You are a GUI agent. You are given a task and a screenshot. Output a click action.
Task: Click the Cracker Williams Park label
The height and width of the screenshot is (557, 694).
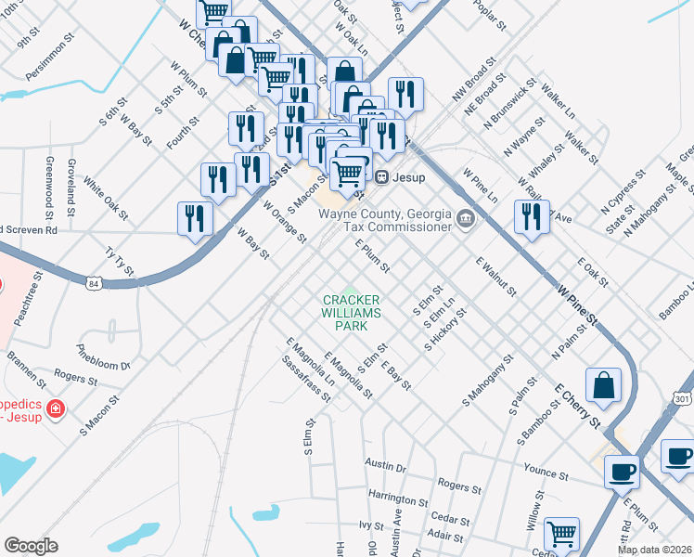click(x=352, y=312)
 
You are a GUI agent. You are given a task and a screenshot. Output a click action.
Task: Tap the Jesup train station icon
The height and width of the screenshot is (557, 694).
click(x=380, y=176)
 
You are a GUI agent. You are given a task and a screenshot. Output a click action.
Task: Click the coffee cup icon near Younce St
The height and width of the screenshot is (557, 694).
click(x=622, y=470)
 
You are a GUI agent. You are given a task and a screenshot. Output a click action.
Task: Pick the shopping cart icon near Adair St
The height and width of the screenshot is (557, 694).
click(x=561, y=534)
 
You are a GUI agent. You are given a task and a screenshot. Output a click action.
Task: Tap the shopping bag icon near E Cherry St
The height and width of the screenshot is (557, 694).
click(x=603, y=385)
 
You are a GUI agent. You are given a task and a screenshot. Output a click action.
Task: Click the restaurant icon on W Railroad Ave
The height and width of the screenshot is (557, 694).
click(x=532, y=217)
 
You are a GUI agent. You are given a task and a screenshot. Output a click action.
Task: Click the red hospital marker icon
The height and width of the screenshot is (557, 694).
click(x=56, y=408)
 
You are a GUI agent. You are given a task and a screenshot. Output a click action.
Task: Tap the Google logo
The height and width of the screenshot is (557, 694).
click(x=31, y=546)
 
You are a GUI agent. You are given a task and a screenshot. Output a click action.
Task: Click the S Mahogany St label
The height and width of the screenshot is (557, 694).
click(x=488, y=380)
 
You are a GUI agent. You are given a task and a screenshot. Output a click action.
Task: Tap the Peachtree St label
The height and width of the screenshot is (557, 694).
click(x=28, y=298)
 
